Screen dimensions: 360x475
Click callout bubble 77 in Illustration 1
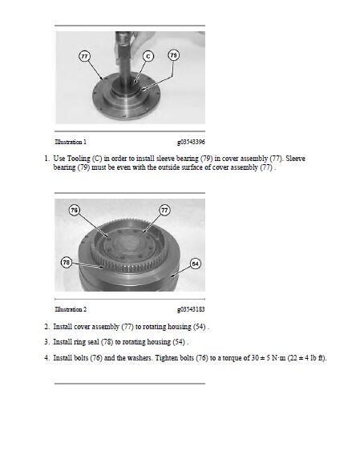click(x=84, y=56)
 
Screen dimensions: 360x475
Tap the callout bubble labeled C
click(x=148, y=56)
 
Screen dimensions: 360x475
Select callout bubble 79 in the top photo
click(x=173, y=55)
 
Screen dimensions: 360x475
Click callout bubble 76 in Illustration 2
click(x=75, y=210)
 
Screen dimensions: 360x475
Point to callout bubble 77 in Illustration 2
click(x=164, y=210)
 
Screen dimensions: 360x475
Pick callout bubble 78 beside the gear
click(x=67, y=263)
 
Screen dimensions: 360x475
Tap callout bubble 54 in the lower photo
click(x=196, y=264)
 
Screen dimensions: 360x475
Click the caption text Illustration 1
click(x=71, y=142)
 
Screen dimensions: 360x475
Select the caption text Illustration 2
click(x=71, y=309)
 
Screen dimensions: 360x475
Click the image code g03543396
click(x=191, y=142)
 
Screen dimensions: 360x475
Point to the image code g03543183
click(x=191, y=309)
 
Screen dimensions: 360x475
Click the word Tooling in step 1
click(x=79, y=159)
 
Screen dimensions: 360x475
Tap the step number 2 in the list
click(x=47, y=327)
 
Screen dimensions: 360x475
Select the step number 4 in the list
click(x=47, y=358)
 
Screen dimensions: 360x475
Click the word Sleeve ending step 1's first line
click(x=295, y=159)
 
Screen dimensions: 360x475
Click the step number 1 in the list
click(x=47, y=159)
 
